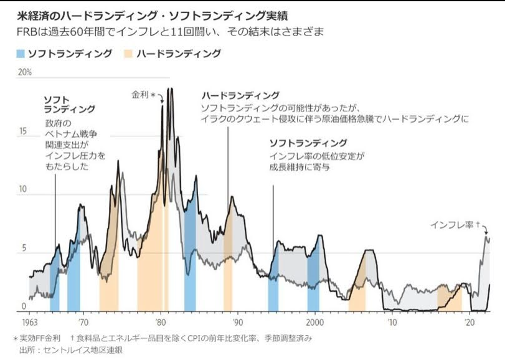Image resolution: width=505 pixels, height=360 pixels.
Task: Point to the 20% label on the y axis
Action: coord(25,72)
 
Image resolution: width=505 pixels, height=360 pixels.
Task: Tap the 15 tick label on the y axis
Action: coord(24,131)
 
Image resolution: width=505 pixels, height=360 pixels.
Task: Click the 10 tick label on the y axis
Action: coord(24,190)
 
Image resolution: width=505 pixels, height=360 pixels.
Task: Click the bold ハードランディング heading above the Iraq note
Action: coord(240,96)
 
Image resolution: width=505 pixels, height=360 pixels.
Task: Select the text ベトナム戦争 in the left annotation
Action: coord(70,134)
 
